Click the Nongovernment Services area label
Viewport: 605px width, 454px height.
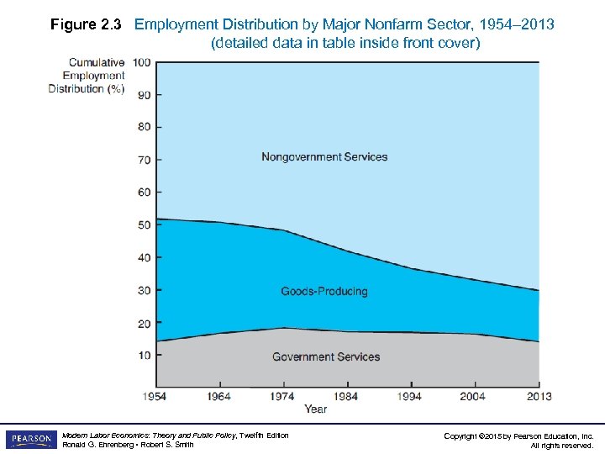point(324,156)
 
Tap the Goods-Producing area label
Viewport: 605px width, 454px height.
point(324,292)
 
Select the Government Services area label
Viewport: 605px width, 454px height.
point(326,357)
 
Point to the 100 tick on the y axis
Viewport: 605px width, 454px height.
point(141,62)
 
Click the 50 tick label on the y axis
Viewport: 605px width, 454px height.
point(144,225)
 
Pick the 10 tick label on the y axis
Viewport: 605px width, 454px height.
point(144,356)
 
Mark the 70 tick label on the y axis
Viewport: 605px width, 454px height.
point(144,160)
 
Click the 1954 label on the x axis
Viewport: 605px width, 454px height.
point(154,396)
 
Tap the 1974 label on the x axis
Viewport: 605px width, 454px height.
point(281,396)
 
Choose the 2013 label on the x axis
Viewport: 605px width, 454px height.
point(539,396)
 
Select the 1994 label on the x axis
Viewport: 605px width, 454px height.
point(410,396)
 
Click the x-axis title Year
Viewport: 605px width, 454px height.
point(316,409)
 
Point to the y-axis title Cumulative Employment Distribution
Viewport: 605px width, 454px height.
point(87,76)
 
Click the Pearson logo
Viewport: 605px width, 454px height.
point(29,440)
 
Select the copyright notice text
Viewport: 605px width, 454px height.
point(518,441)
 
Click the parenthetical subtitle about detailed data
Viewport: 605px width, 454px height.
point(345,43)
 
